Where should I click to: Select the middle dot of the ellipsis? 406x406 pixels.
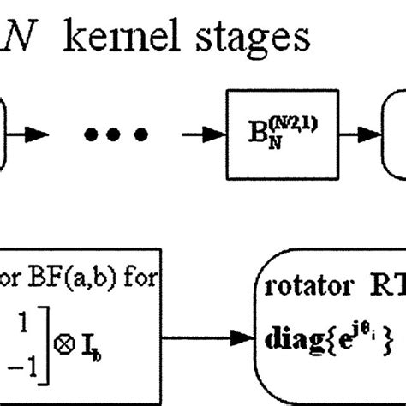pyautogui.click(x=116, y=134)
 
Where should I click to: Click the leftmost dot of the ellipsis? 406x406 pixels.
pyautogui.click(x=90, y=134)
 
